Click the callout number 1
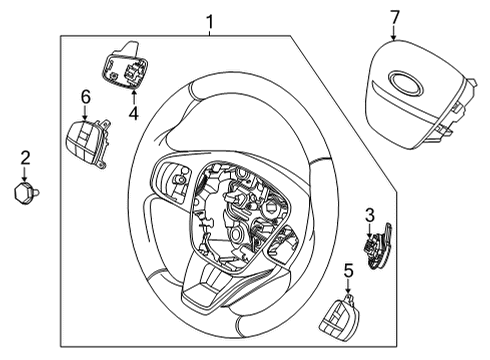(x=209, y=20)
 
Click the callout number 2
(x=26, y=157)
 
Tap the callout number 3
(x=369, y=214)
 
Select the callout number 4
(x=133, y=113)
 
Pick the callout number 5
(x=349, y=270)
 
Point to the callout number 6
(x=85, y=96)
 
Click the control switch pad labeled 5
(x=338, y=320)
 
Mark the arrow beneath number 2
(x=26, y=172)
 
